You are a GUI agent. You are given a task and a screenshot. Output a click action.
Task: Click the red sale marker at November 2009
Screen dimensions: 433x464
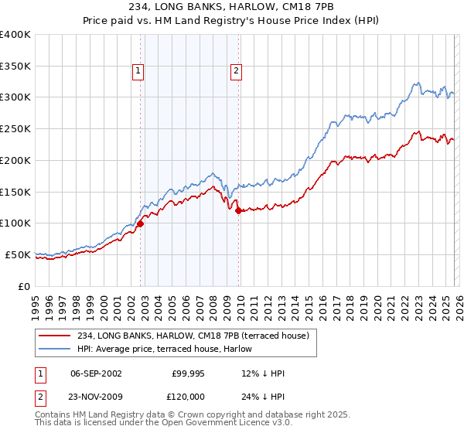point(238,210)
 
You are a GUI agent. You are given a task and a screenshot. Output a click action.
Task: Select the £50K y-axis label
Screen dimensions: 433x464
point(17,254)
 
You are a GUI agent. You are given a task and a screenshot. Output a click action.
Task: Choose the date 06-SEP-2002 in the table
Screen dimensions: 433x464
point(96,373)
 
